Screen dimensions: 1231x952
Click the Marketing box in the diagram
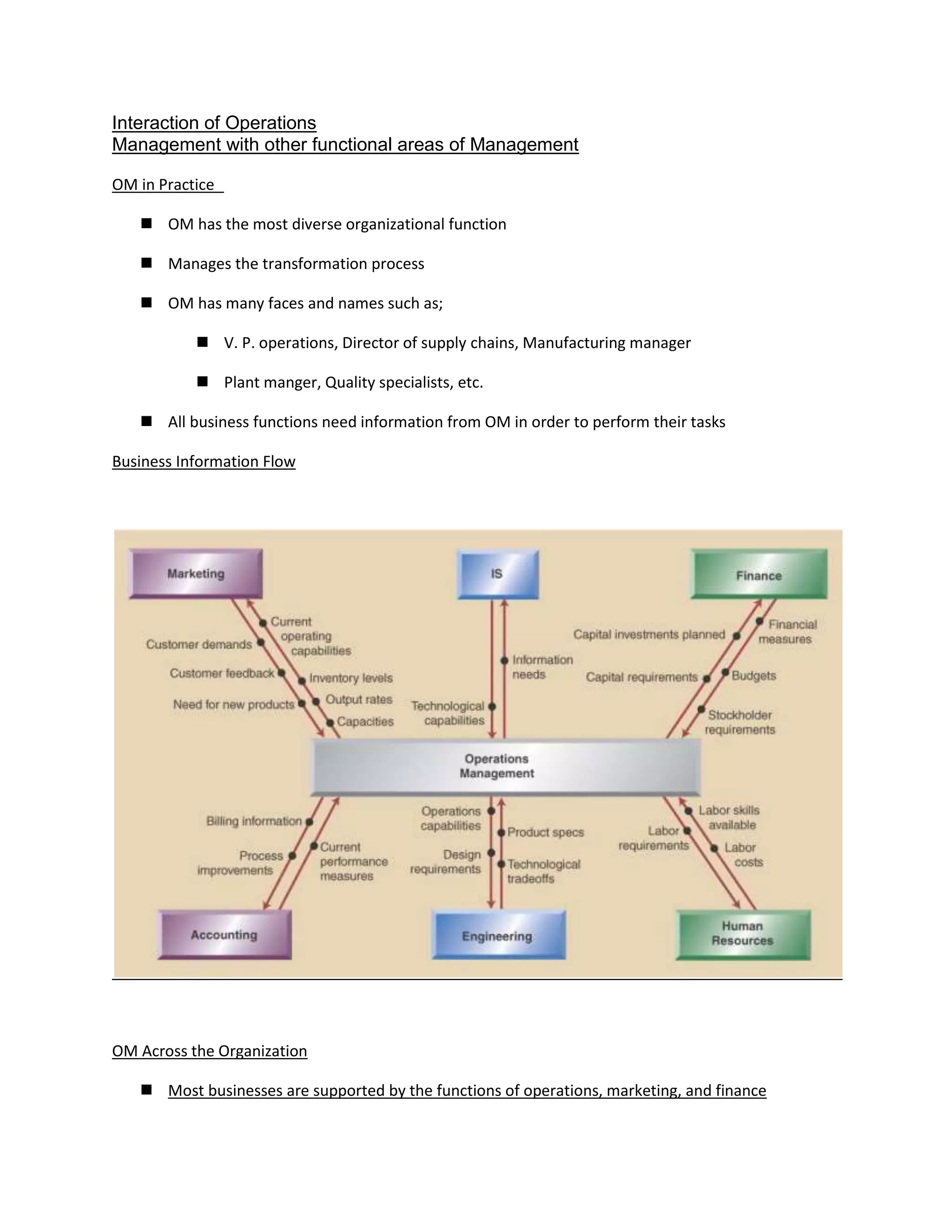(196, 573)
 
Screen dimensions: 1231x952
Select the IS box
(497, 574)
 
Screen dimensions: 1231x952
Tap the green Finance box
(759, 575)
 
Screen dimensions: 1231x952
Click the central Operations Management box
(497, 766)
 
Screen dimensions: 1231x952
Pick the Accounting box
(224, 935)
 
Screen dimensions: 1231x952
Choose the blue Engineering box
(497, 936)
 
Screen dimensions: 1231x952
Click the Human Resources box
(742, 933)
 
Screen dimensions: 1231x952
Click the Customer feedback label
(222, 673)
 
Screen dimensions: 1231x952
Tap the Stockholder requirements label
(740, 722)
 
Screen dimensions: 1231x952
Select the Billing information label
(254, 821)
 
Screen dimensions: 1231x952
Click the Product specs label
(545, 832)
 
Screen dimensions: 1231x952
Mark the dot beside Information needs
(505, 660)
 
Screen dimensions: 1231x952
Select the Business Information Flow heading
(204, 462)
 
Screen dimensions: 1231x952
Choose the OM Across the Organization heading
(209, 1051)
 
